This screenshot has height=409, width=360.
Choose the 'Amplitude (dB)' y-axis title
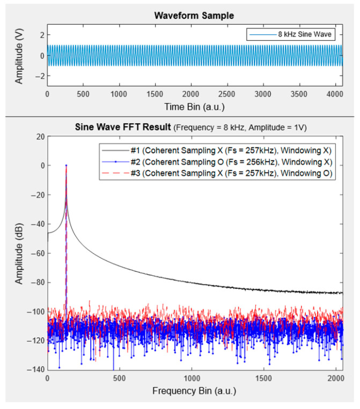click(x=19, y=253)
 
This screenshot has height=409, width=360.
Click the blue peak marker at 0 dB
click(x=66, y=166)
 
